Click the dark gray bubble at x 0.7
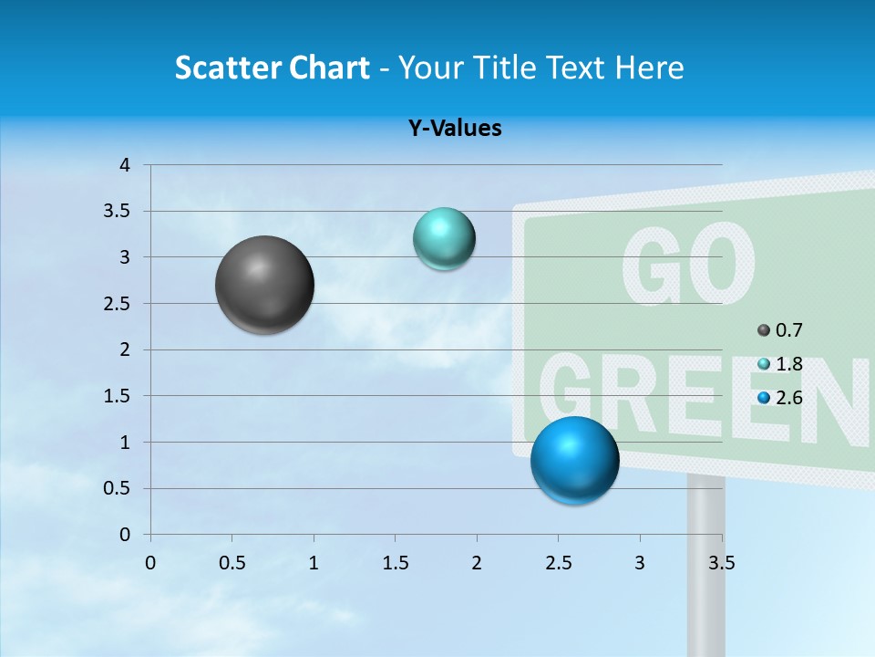(264, 285)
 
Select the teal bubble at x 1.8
(444, 239)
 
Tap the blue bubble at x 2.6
(574, 460)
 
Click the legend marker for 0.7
(764, 330)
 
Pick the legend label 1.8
(789, 364)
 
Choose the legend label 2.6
(789, 397)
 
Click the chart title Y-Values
(455, 129)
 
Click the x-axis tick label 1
(314, 563)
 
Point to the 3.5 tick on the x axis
(721, 563)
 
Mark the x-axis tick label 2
(477, 563)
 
